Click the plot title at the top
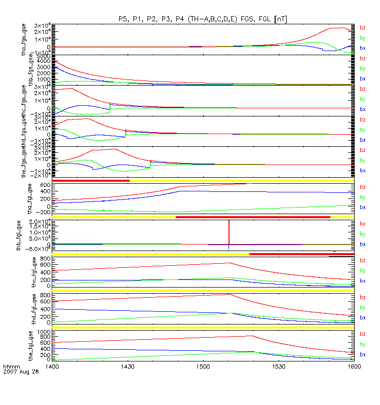coord(203,19)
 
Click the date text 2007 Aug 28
coord(20,372)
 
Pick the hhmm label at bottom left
coord(11,366)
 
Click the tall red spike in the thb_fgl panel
coord(229,233)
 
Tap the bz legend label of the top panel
coord(363,27)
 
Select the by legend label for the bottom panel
coord(363,344)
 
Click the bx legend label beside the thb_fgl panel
coord(363,244)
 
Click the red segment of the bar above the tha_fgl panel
coord(91,181)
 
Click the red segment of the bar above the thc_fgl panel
coord(301,254)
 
